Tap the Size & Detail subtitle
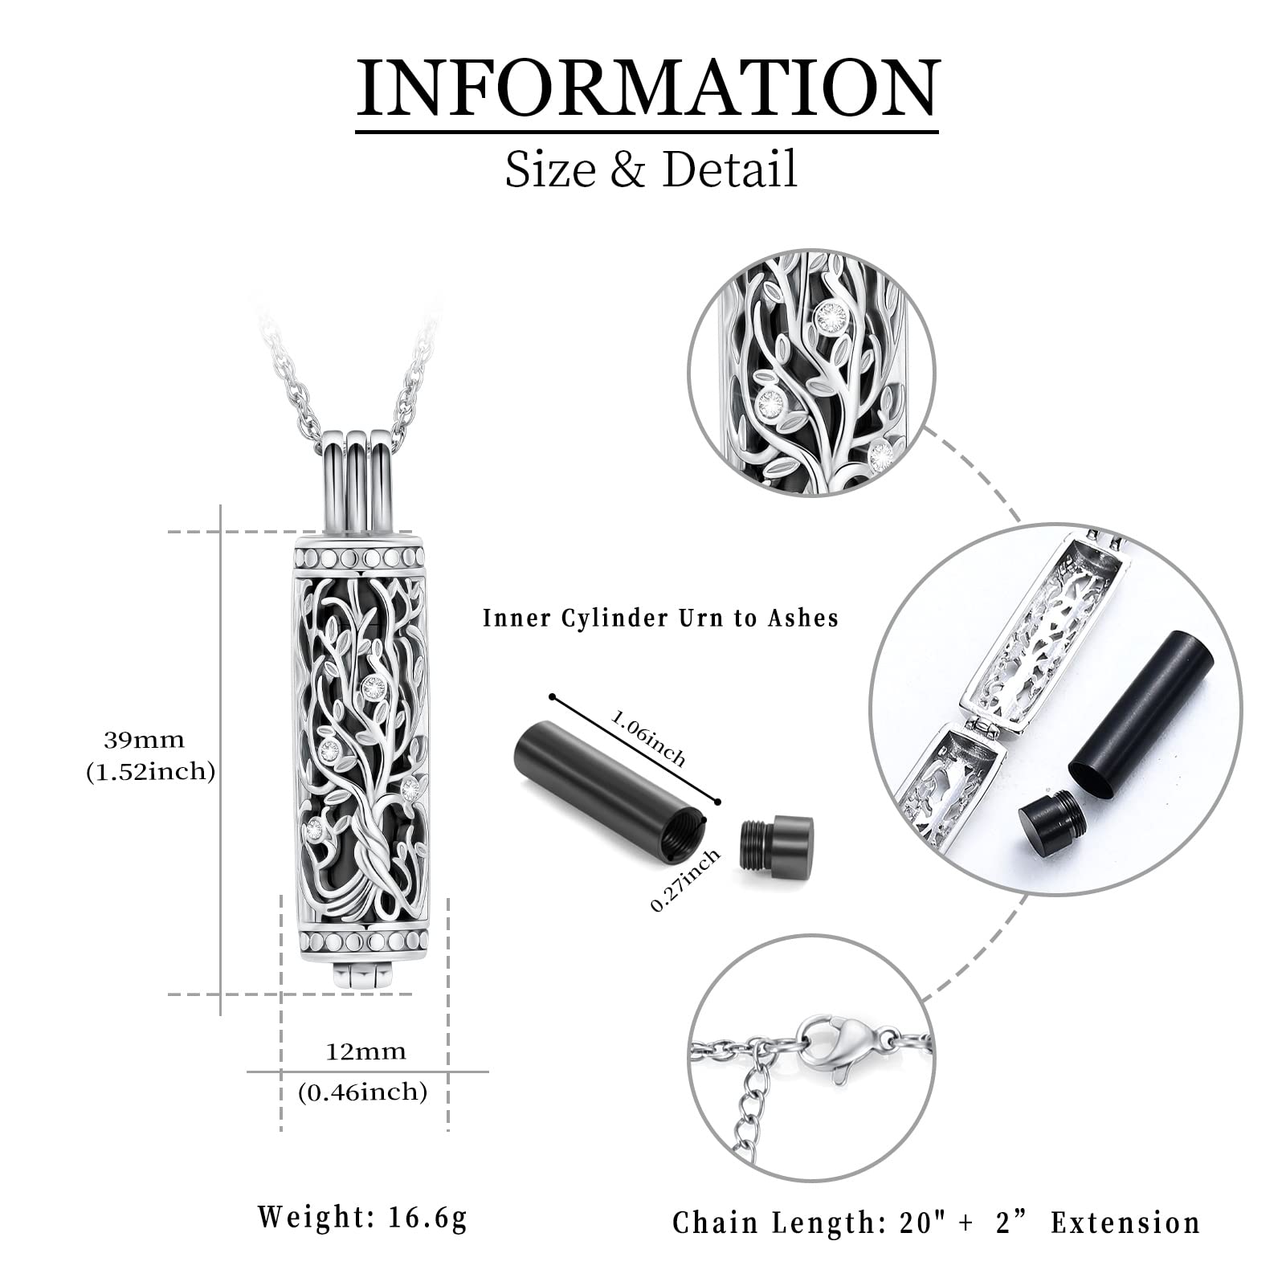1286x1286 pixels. (x=651, y=169)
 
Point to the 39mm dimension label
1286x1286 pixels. (x=144, y=739)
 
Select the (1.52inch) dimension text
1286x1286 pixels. (x=151, y=772)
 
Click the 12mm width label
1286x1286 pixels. (x=365, y=1051)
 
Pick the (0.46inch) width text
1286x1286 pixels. (x=362, y=1092)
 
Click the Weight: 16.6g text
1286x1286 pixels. (x=362, y=1217)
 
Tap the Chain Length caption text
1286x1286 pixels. (x=937, y=1222)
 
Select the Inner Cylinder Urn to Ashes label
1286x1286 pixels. (x=660, y=618)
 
